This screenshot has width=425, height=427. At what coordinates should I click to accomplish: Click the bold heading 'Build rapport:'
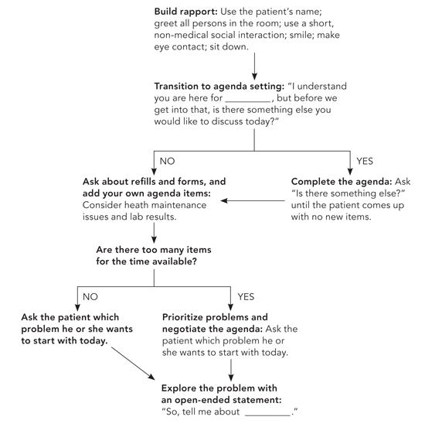[x=185, y=12]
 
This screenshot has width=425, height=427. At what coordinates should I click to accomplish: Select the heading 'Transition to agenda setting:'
[x=219, y=87]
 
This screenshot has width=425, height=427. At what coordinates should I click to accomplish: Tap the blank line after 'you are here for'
[x=248, y=101]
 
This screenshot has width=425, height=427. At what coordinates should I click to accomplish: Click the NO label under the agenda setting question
[x=167, y=161]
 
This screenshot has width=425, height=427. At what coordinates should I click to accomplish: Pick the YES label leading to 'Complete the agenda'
[x=365, y=161]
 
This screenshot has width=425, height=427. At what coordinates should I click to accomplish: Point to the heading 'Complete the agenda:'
[x=342, y=182]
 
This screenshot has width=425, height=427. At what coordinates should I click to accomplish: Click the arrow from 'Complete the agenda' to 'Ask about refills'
[x=253, y=200]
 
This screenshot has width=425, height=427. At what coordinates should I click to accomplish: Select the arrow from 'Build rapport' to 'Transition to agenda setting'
[x=254, y=67]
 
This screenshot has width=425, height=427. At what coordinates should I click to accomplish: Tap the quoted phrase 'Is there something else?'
[x=348, y=193]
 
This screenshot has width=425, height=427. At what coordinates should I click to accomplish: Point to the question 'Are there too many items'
[x=154, y=250]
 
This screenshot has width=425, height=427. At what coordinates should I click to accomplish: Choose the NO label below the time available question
[x=90, y=297]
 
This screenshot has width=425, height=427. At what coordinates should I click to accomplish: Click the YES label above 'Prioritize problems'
[x=246, y=297]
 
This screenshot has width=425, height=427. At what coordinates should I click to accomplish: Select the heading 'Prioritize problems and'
[x=215, y=317]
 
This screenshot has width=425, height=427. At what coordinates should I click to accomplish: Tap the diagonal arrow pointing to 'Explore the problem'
[x=133, y=363]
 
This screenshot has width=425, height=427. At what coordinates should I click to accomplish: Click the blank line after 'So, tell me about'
[x=267, y=415]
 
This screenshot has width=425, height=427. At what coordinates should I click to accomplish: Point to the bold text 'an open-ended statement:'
[x=221, y=400]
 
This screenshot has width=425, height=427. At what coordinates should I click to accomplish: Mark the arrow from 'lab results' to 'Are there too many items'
[x=154, y=233]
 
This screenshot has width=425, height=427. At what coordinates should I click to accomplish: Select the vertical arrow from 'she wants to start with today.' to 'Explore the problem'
[x=231, y=370]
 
